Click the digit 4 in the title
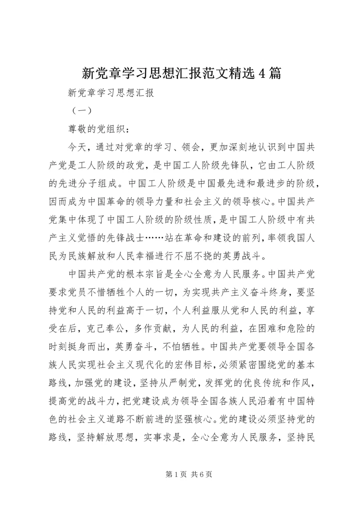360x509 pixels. pyautogui.click(x=262, y=73)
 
